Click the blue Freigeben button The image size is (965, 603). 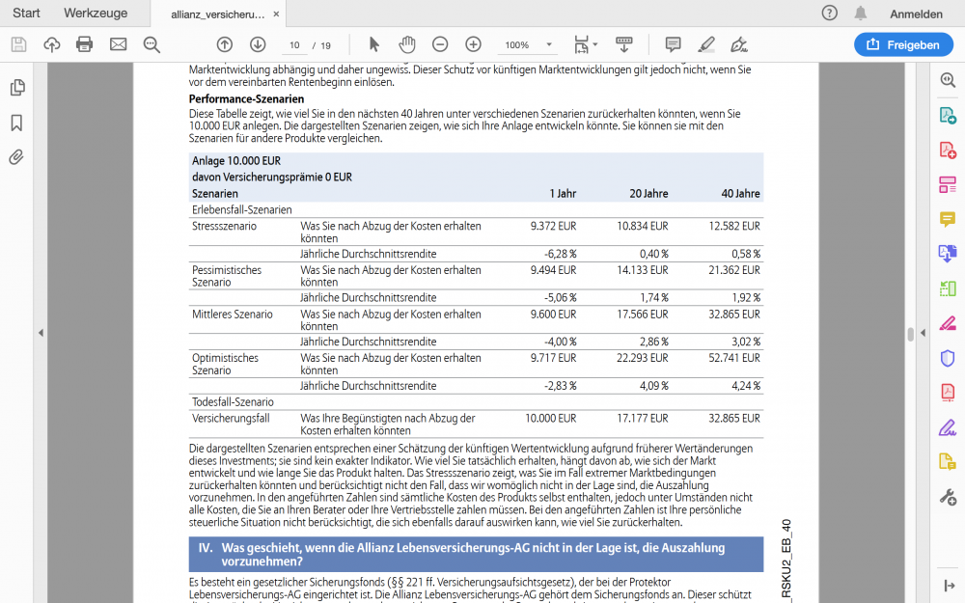(903, 44)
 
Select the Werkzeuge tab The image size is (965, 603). (96, 14)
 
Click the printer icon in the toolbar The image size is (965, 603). (84, 44)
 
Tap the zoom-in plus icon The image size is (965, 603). (473, 44)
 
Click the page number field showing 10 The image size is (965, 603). (294, 45)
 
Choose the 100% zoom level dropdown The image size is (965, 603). (527, 45)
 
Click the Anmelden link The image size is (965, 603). (916, 14)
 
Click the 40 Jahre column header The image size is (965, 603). (740, 194)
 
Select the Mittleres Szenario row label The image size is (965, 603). (233, 315)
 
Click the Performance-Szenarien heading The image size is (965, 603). (246, 99)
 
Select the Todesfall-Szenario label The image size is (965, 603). (233, 402)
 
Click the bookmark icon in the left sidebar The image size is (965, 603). (16, 123)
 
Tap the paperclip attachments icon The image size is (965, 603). (16, 157)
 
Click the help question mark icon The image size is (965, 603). (829, 14)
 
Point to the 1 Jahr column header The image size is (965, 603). (563, 194)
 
